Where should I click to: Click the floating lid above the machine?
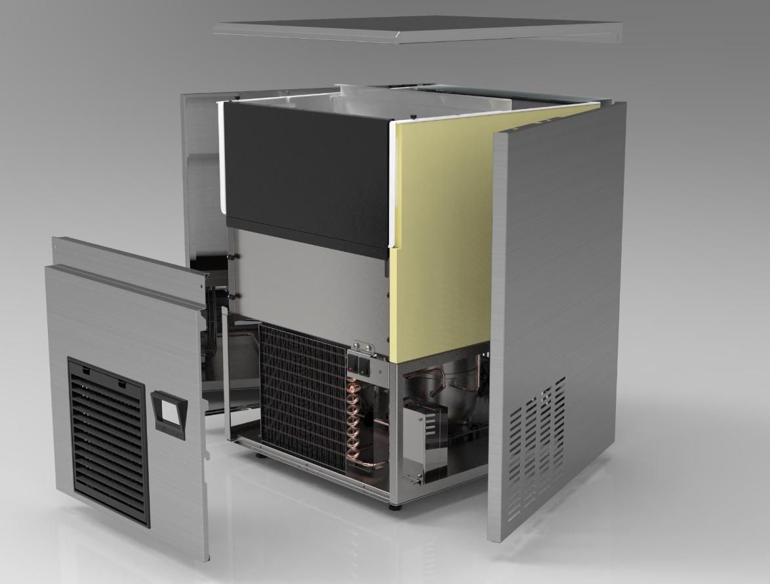coord(418,30)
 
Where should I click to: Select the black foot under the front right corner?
coord(393,506)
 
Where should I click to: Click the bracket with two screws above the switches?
coord(361,346)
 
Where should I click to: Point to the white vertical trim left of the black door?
coord(222,157)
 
